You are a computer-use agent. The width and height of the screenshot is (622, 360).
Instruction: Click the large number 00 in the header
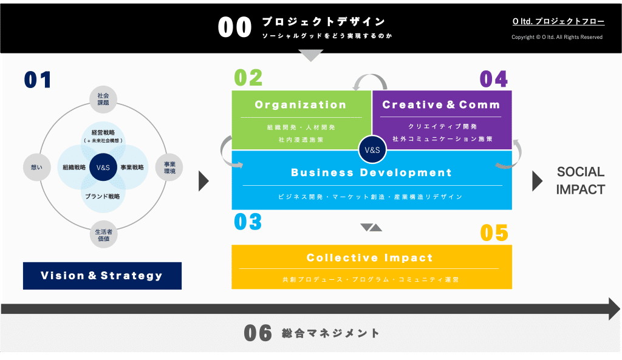tap(234, 28)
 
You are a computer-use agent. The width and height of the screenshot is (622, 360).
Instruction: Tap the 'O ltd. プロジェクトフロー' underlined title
tap(558, 21)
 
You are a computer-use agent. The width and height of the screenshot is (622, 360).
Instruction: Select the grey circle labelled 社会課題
tap(103, 99)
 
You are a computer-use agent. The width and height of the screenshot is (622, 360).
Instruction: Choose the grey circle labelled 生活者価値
tap(103, 234)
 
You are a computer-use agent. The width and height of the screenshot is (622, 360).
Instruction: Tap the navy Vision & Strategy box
tap(102, 276)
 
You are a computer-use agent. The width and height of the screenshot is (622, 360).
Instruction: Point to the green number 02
tap(248, 78)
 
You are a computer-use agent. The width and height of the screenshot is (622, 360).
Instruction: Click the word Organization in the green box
tap(301, 104)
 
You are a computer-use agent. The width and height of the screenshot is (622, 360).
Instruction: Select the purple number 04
tap(494, 78)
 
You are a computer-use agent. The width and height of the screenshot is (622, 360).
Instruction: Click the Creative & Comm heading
tap(441, 104)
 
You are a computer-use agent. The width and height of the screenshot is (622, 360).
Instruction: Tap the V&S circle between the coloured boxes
tap(371, 149)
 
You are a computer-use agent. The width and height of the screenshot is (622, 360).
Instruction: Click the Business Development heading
tap(371, 172)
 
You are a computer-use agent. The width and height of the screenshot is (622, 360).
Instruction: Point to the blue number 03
tap(248, 222)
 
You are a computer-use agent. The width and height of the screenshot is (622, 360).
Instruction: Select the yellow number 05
tap(494, 233)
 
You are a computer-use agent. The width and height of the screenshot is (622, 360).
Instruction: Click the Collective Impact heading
tap(369, 257)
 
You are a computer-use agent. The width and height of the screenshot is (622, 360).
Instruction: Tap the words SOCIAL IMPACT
tap(580, 181)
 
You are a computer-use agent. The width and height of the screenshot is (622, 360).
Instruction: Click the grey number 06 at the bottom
tap(258, 333)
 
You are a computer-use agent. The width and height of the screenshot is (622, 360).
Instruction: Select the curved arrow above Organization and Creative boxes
tap(371, 81)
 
